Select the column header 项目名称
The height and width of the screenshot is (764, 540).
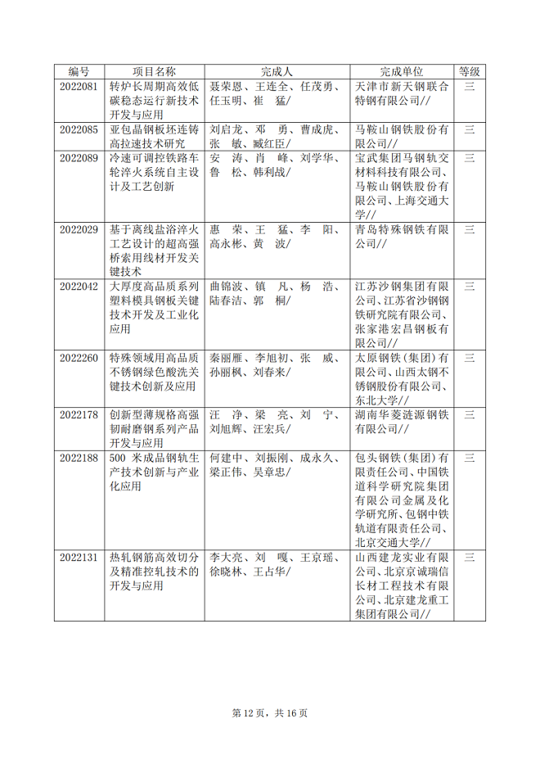tap(155, 72)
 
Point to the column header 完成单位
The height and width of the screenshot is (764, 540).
tap(402, 72)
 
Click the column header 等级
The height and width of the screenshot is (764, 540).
tap(470, 72)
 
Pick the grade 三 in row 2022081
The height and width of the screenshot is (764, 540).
tap(470, 86)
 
